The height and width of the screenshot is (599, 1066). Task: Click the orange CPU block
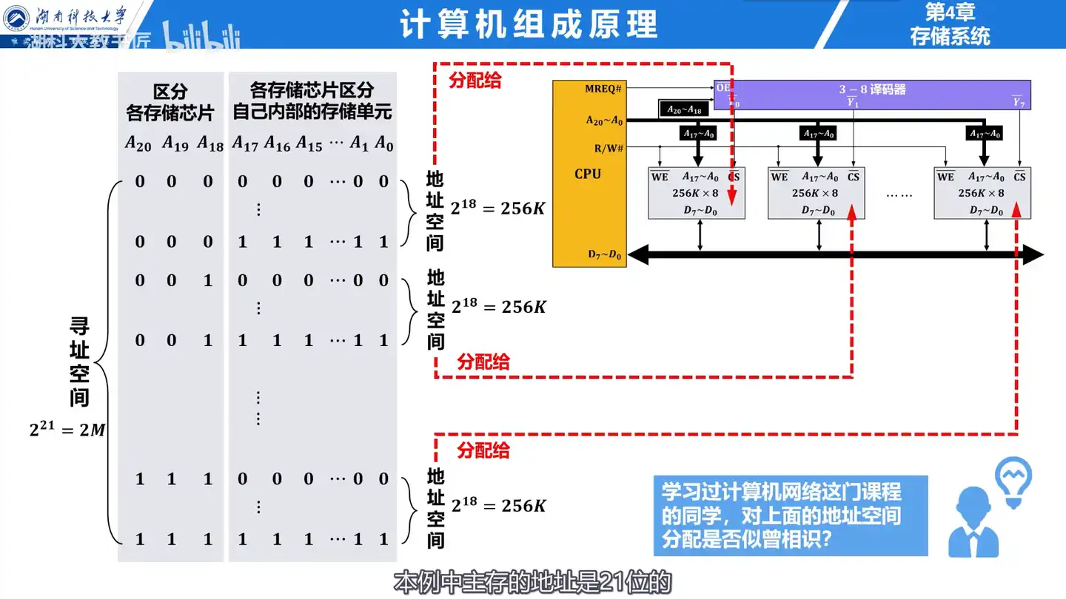point(589,175)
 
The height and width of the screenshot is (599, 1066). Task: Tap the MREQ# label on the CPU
point(603,89)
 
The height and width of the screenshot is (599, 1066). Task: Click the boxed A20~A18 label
point(683,109)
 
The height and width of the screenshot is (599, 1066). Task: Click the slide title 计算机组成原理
point(529,24)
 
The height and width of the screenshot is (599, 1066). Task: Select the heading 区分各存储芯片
point(170,102)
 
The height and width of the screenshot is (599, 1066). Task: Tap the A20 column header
point(138,143)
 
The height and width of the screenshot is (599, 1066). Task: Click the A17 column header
point(245,143)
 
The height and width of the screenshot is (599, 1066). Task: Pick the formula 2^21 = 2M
point(67,429)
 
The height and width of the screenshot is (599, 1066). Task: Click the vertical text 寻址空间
point(79,362)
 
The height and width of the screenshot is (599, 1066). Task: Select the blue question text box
point(790,515)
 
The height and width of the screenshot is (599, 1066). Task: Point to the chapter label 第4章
point(950,13)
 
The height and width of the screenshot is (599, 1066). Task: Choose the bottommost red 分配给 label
point(483,450)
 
